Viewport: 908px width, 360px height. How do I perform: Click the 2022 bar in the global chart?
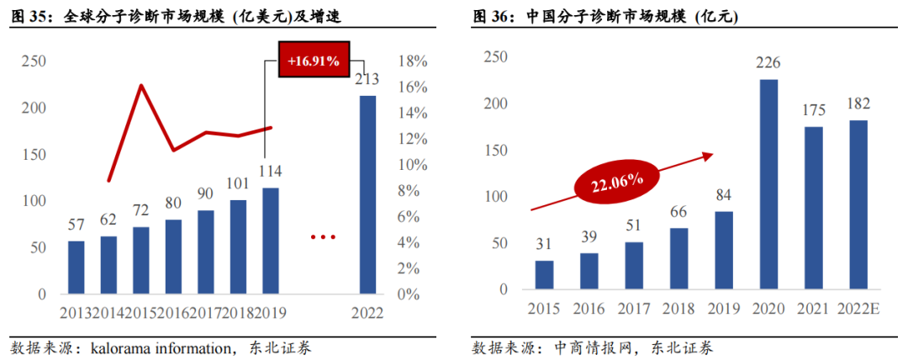(x=367, y=195)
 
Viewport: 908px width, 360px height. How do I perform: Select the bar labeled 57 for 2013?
(x=77, y=267)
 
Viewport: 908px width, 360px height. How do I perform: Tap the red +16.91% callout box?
(x=312, y=61)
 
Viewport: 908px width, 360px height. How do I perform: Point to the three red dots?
(x=323, y=238)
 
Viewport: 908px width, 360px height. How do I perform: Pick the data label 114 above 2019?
(x=269, y=172)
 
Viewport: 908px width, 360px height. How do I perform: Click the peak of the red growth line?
(x=140, y=85)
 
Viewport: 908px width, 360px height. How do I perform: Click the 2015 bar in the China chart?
(x=544, y=274)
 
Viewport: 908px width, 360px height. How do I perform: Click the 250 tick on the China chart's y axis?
(x=495, y=57)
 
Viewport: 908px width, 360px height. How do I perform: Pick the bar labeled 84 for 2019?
(x=724, y=250)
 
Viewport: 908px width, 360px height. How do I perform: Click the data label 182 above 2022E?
(x=858, y=103)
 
